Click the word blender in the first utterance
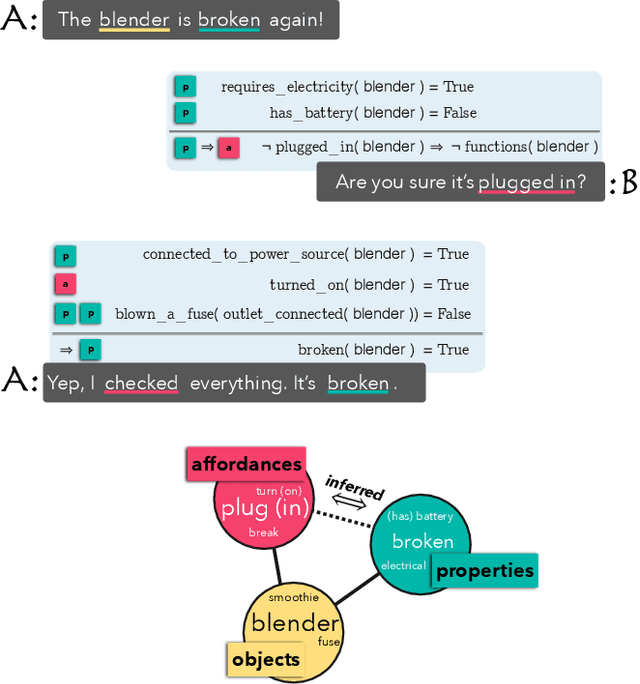(134, 19)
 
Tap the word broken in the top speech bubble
(229, 19)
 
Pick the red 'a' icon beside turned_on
(65, 285)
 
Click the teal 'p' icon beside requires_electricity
(184, 87)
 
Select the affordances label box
(246, 464)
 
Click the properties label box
(485, 571)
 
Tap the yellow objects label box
(265, 659)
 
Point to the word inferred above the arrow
(354, 488)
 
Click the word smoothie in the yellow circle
(294, 598)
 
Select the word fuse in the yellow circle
(328, 641)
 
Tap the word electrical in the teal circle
(403, 565)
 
